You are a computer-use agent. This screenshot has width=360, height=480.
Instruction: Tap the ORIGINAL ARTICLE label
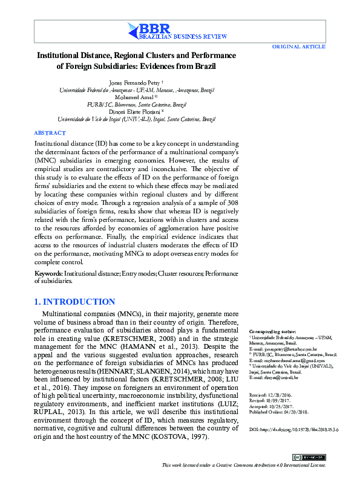click(299, 47)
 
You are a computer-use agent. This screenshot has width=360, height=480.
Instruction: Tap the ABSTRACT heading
click(50, 133)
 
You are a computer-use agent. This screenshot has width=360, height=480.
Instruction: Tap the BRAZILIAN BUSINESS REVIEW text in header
click(179, 37)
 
